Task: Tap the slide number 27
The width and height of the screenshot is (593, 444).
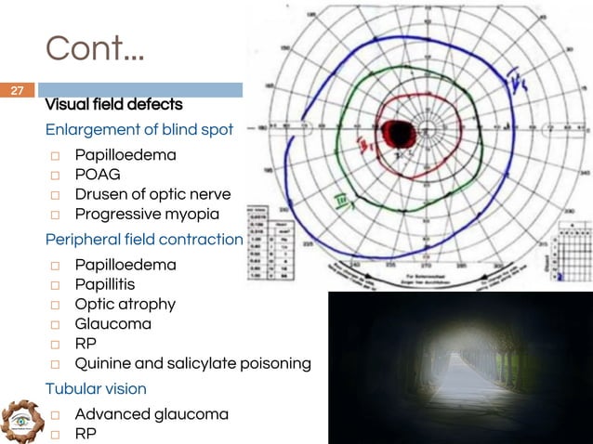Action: click(17, 91)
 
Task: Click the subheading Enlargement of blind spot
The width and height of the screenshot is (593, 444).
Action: click(139, 129)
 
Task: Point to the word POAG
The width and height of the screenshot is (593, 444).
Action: click(98, 174)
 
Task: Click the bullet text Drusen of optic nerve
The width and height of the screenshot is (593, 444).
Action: click(152, 193)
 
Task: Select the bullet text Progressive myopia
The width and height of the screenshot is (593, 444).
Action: click(146, 214)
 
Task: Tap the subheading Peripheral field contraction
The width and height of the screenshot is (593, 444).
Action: click(144, 240)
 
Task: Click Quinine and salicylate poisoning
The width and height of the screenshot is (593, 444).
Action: click(192, 363)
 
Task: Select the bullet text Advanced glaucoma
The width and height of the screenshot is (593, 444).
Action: click(152, 413)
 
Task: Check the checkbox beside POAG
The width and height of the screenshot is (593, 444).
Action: click(56, 175)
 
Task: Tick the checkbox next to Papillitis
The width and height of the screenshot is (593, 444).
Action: click(56, 285)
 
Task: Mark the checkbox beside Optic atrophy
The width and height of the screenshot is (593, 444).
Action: click(56, 305)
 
